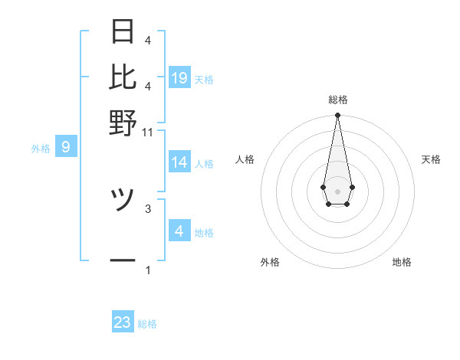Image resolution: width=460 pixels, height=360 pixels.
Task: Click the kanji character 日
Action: click(123, 31)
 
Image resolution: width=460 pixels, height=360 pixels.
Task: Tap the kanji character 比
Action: click(123, 77)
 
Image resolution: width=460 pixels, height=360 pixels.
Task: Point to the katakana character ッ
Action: click(123, 201)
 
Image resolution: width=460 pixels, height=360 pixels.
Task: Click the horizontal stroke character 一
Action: click(123, 260)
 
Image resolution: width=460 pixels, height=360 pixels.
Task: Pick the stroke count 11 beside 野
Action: click(148, 132)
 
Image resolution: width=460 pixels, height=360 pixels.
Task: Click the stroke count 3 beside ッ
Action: click(148, 208)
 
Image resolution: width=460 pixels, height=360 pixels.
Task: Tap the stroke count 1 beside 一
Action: click(148, 270)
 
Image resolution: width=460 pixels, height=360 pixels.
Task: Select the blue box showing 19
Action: click(179, 77)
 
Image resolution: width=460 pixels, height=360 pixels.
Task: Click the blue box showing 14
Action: click(179, 162)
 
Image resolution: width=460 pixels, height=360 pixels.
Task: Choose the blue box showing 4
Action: click(179, 231)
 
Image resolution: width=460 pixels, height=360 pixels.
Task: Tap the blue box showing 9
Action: click(65, 146)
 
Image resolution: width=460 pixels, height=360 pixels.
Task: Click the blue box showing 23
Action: click(123, 322)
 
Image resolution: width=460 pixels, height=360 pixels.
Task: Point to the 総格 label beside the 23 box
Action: click(147, 324)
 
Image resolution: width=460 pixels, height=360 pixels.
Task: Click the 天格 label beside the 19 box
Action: click(204, 79)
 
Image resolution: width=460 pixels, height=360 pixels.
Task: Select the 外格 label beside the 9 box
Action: click(41, 149)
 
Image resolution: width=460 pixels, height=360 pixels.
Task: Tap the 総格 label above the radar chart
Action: click(337, 100)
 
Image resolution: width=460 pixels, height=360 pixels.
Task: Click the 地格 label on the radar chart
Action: click(402, 262)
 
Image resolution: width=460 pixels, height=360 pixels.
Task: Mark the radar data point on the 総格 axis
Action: click(337, 116)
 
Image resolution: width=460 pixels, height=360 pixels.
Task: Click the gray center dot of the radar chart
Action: click(337, 190)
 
